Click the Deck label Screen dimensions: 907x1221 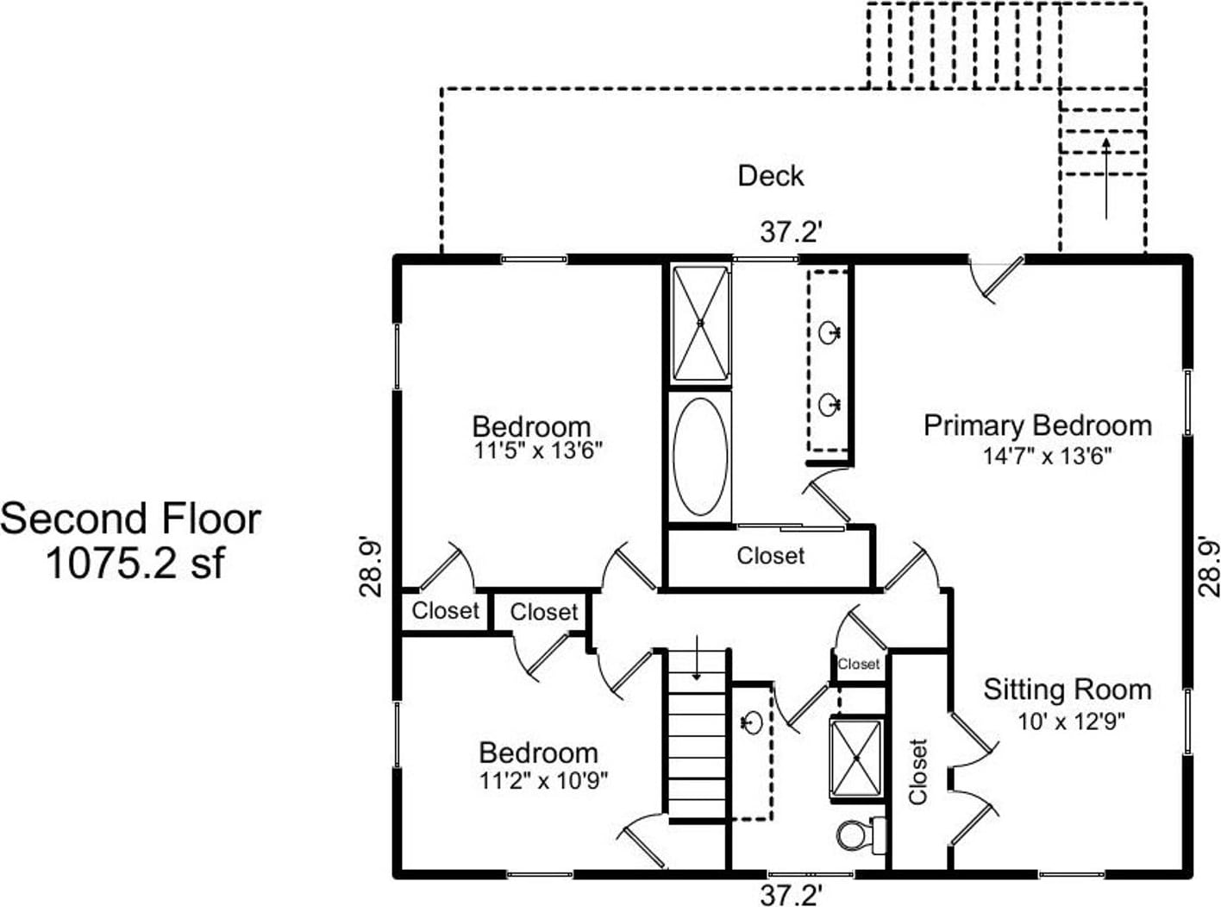pyautogui.click(x=770, y=176)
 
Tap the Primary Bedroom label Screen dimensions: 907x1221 pyautogui.click(x=1037, y=425)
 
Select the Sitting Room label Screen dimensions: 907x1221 pyautogui.click(x=1068, y=690)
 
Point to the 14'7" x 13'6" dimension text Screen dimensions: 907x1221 pyautogui.click(x=1047, y=456)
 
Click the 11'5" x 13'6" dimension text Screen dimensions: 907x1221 pyautogui.click(x=537, y=450)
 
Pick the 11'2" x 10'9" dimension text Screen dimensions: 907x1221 pyautogui.click(x=543, y=781)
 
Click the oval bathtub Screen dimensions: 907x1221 pyautogui.click(x=700, y=456)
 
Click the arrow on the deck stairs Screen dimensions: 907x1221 pyautogui.click(x=1106, y=177)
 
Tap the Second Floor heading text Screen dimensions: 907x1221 pyautogui.click(x=130, y=520)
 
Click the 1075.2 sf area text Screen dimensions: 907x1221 pyautogui.click(x=135, y=564)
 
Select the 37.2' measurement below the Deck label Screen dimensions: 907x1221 pyautogui.click(x=791, y=232)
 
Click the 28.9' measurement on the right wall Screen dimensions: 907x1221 pyautogui.click(x=1208, y=566)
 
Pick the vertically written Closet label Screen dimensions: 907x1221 pyautogui.click(x=917, y=771)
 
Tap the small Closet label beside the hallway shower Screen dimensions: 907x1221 pyautogui.click(x=859, y=664)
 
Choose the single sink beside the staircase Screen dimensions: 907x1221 pyautogui.click(x=751, y=721)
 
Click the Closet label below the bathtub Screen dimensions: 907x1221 pyautogui.click(x=770, y=556)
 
